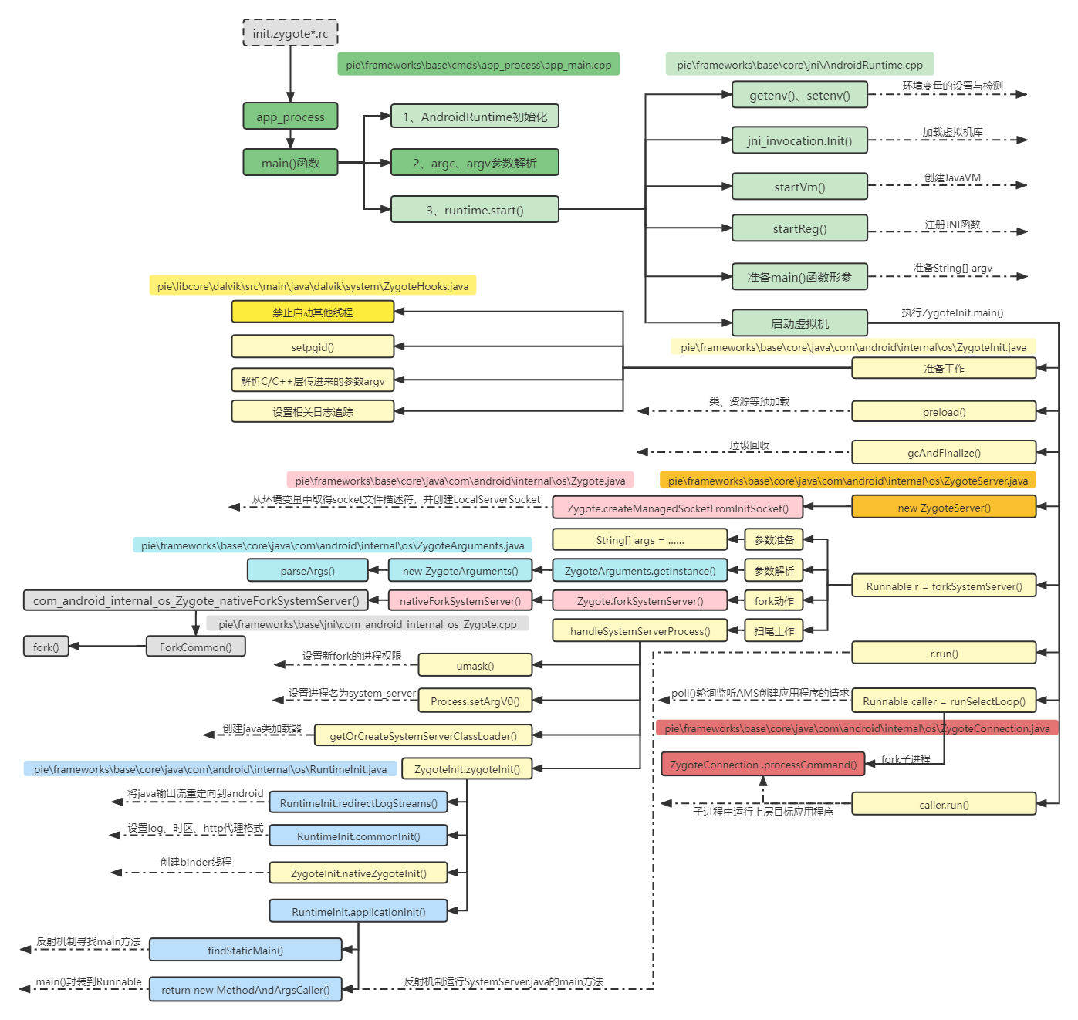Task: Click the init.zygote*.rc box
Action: pos(290,33)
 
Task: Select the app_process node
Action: pos(290,117)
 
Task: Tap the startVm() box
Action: pos(799,187)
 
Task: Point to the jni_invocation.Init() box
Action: pos(799,140)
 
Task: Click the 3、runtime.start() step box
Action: pos(475,210)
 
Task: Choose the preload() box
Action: pos(944,412)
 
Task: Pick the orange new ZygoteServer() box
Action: pos(944,508)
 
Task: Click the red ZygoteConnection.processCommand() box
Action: pos(763,765)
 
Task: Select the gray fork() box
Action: pos(46,647)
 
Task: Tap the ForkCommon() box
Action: pos(195,647)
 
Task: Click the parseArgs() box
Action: pos(307,571)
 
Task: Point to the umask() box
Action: pos(475,665)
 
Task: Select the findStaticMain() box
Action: pos(245,951)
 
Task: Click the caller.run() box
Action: pos(944,805)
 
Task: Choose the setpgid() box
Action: pos(313,347)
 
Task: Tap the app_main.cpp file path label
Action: pos(478,65)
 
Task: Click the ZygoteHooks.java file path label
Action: pos(313,286)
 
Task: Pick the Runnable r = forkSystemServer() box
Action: pos(944,586)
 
